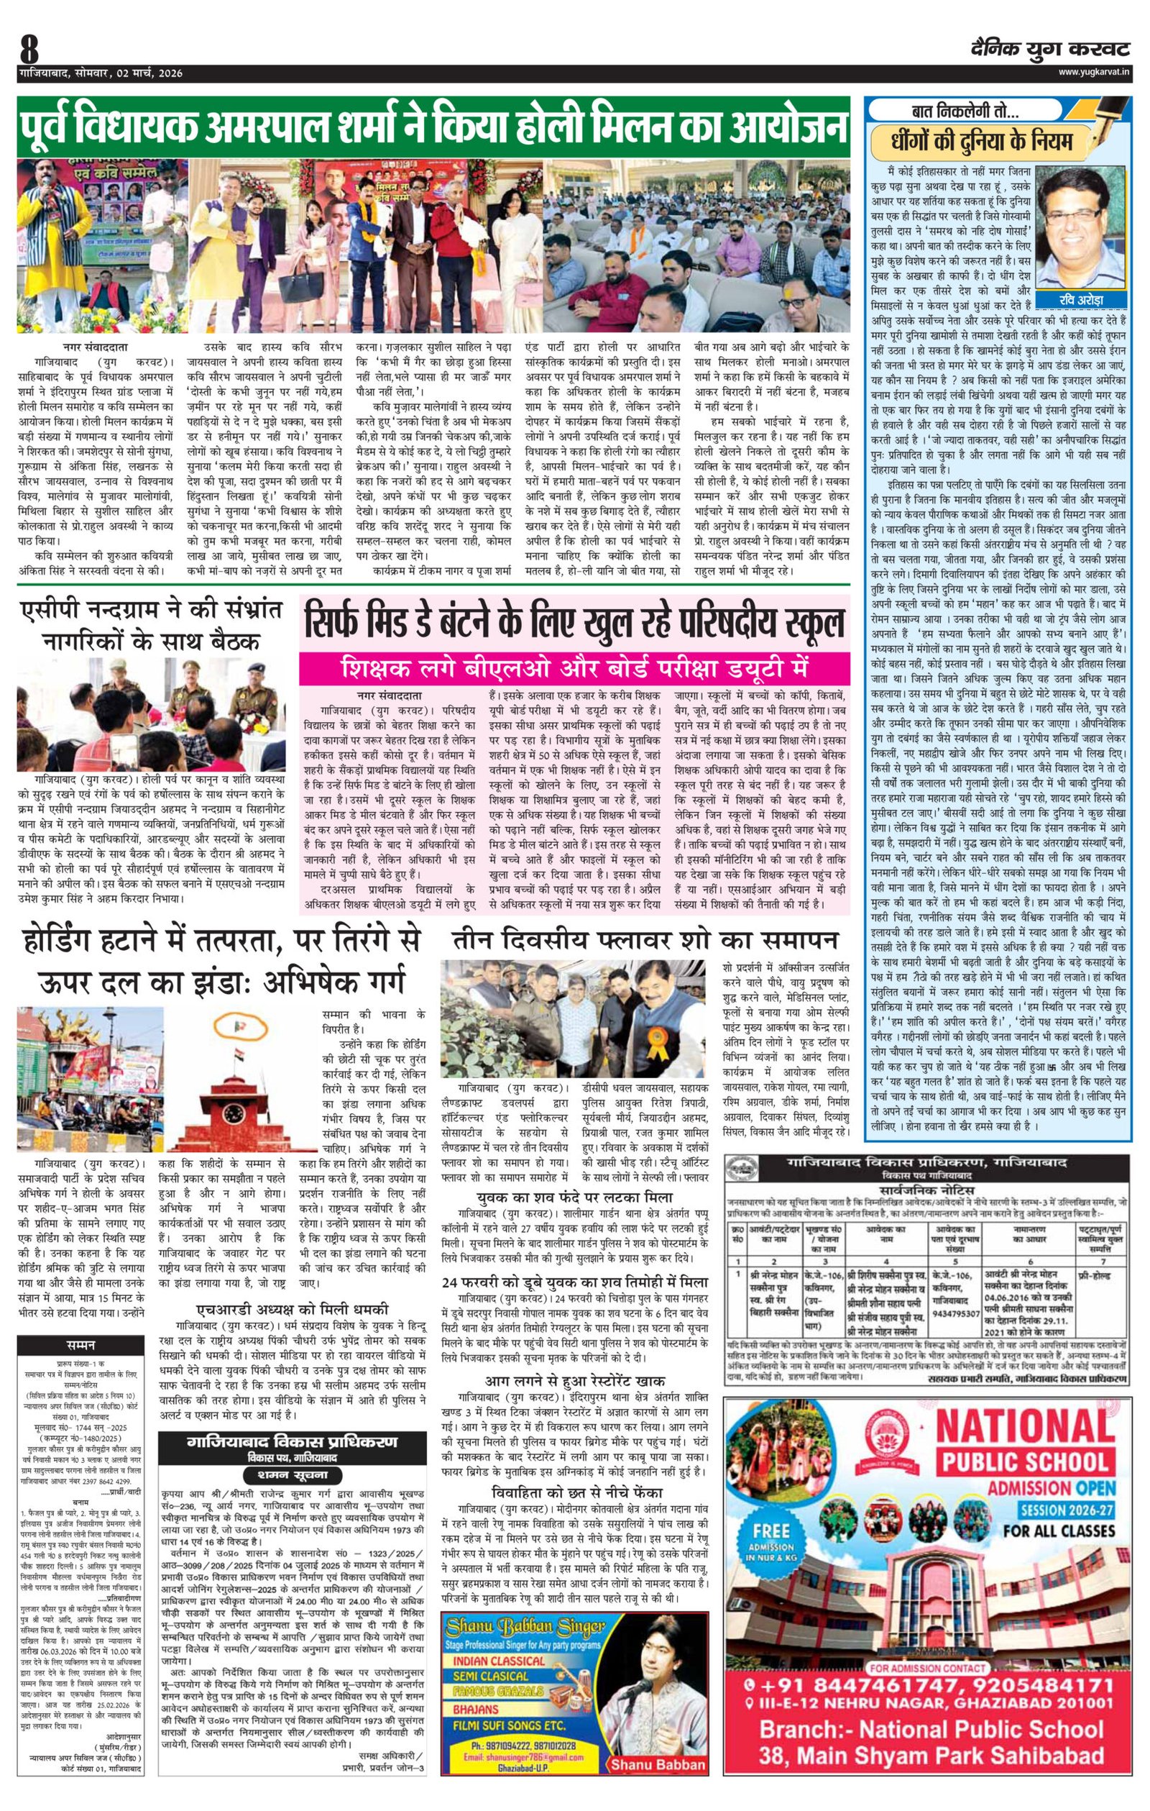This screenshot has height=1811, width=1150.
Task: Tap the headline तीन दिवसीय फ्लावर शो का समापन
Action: click(644, 940)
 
